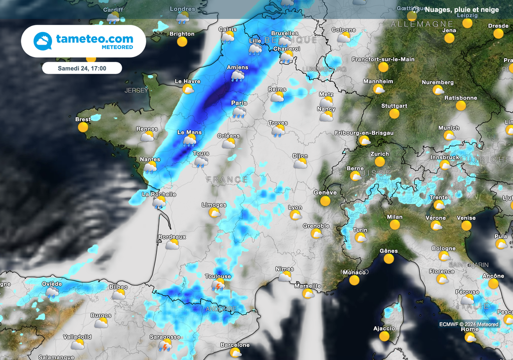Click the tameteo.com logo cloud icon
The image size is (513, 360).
point(43,41)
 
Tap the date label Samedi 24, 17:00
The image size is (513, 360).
point(82,68)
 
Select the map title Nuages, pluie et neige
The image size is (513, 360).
point(461,10)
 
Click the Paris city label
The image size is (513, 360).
point(239,103)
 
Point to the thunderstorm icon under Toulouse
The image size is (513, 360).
point(218,285)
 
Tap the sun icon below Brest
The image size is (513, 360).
point(83,127)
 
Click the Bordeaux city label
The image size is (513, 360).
point(172,236)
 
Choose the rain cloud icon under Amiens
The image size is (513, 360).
point(237,76)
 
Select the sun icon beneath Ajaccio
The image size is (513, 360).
point(384,336)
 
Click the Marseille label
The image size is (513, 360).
point(308,286)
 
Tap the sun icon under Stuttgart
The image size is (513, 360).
point(394,114)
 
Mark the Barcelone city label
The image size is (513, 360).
point(235,345)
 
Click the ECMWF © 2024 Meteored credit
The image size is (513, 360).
point(469,324)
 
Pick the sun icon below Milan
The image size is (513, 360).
point(395,225)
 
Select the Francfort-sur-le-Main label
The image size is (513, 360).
point(383,59)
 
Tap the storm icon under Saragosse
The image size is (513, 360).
point(165,345)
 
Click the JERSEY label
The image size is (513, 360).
point(136,91)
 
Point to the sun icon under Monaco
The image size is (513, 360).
point(355,280)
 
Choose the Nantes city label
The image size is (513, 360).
point(150,159)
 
